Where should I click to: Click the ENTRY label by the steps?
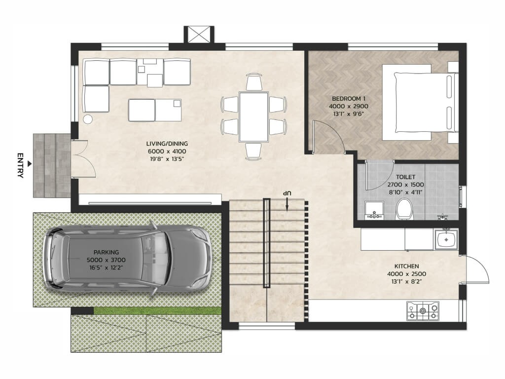pos(20,165)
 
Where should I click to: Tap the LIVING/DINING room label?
pos(167,144)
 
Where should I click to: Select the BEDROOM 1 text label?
pos(349,99)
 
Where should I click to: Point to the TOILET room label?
pos(405,177)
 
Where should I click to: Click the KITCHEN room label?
pos(406,266)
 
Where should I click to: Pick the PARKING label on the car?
pos(107,252)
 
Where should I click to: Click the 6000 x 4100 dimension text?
pos(167,151)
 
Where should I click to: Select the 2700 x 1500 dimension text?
pos(405,185)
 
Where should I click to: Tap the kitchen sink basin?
pos(446,239)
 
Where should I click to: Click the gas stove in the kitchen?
pos(423,311)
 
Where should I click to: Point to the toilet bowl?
pos(404,209)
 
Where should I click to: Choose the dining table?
pos(253,116)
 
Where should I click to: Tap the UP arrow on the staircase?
pos(287,204)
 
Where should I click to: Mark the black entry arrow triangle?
pos(30,164)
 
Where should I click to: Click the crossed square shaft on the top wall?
pos(199,35)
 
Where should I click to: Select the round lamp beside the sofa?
pos(88,119)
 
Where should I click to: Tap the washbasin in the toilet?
pos(374,210)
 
